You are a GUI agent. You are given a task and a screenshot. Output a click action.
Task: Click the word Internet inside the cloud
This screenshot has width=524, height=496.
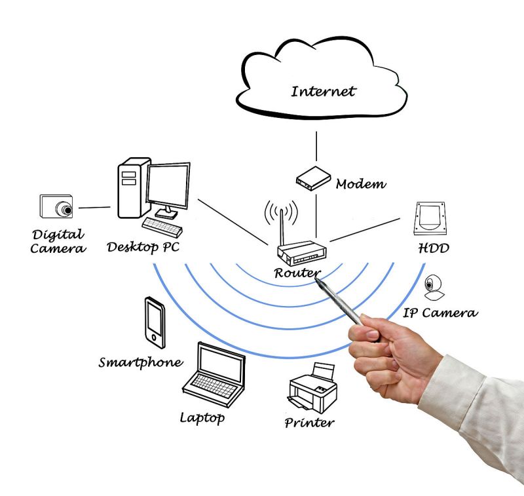323,90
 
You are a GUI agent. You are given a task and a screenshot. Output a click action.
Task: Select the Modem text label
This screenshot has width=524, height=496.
361,184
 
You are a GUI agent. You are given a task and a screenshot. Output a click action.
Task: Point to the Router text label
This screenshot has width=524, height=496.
297,273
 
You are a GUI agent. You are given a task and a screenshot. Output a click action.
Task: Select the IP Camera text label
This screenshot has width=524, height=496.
440,313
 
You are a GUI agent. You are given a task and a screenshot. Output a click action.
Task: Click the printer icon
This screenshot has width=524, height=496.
312,387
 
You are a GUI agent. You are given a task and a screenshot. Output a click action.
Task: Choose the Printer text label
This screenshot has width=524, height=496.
309,422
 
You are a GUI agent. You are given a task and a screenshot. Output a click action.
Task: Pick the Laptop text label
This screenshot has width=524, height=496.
202,417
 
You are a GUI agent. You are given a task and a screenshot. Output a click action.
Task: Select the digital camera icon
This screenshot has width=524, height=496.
56,207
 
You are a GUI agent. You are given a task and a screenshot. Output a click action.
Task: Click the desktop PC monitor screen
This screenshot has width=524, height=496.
168,185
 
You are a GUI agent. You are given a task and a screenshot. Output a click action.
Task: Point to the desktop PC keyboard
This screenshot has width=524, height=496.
161,226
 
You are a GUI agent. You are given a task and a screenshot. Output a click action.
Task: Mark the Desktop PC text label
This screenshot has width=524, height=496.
142,248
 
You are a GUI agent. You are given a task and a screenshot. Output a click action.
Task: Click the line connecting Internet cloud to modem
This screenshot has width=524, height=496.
316,146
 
